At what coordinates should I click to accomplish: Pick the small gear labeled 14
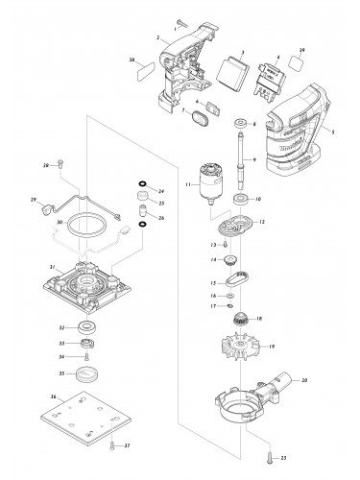[230, 261]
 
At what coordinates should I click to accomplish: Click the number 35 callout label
[63, 373]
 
